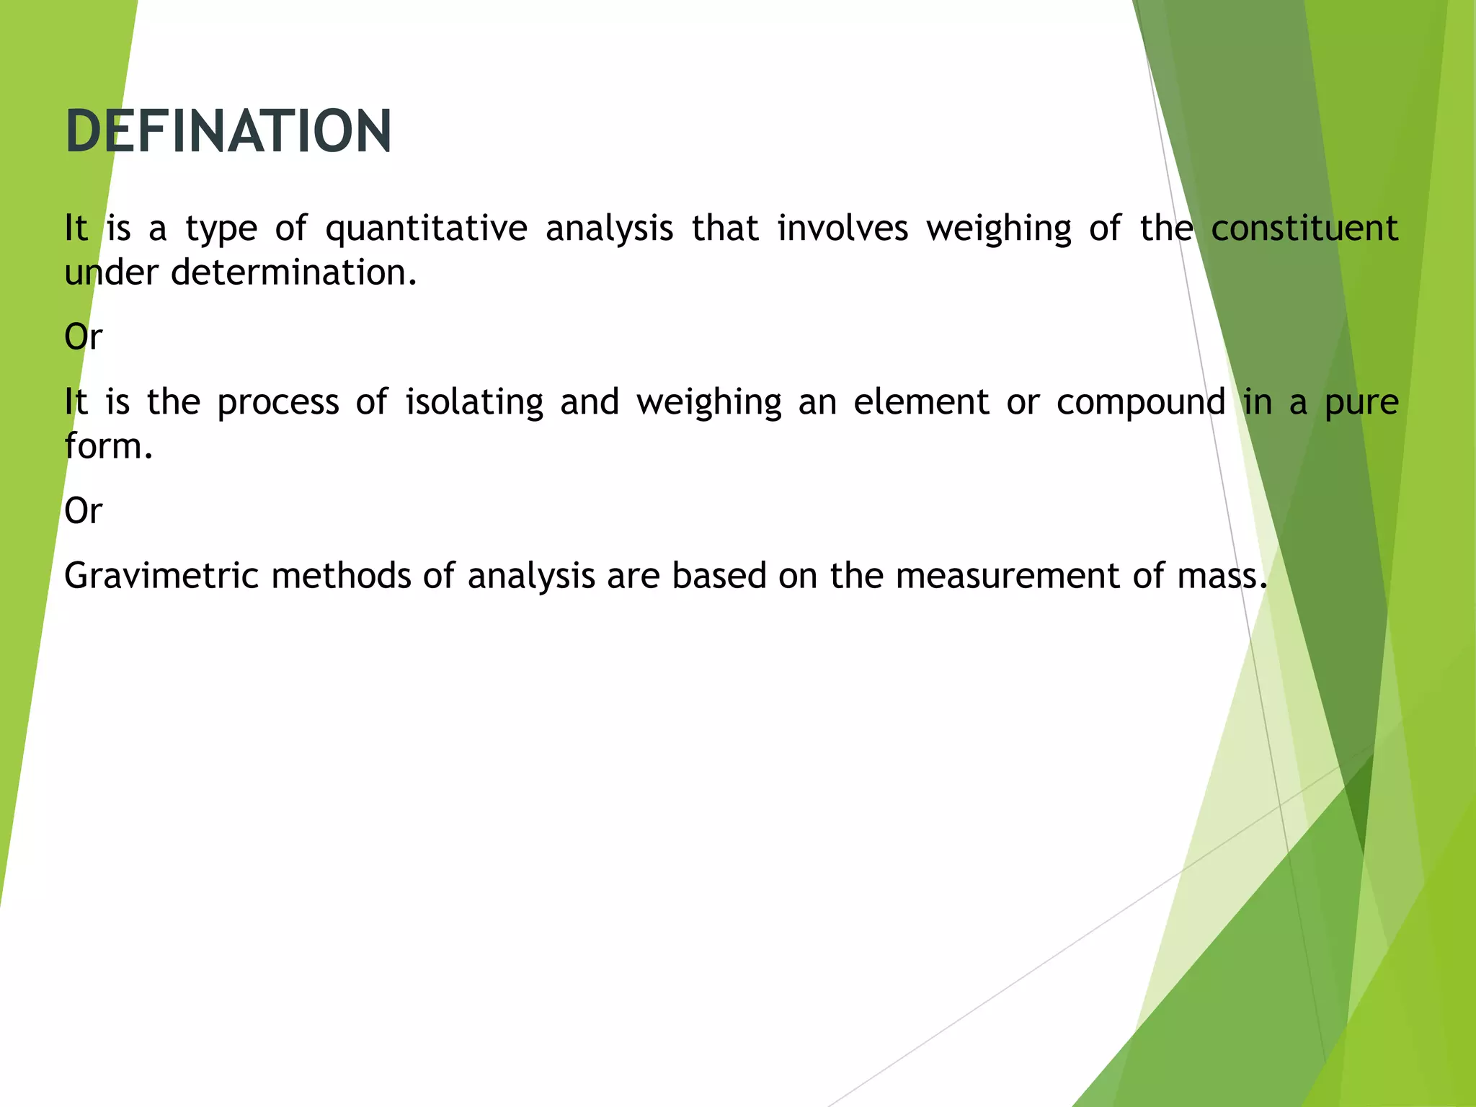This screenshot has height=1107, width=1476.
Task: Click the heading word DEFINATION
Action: (228, 131)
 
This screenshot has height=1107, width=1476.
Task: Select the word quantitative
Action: (426, 229)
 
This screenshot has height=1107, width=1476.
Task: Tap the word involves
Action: (843, 228)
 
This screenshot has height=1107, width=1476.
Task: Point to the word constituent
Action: (1304, 228)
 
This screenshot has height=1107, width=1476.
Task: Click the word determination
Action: (294, 272)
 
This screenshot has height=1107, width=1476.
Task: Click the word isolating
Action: (474, 402)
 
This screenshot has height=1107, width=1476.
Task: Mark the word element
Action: (921, 401)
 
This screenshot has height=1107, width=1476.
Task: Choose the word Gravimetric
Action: (161, 576)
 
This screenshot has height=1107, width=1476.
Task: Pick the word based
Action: (719, 576)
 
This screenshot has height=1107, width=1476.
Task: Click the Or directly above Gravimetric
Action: (84, 511)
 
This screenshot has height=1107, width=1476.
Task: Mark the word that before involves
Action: (725, 228)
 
